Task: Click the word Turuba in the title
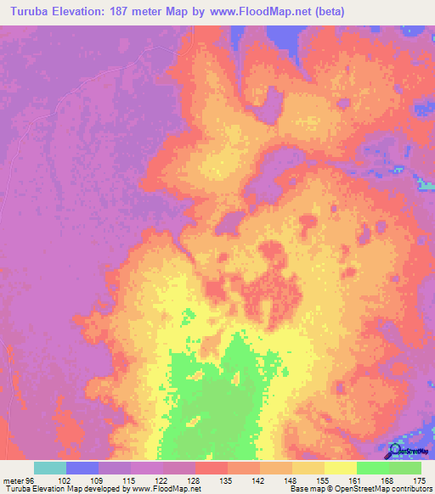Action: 33,12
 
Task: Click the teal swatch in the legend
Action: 50,468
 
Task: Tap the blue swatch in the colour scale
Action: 82,468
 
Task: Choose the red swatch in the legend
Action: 211,468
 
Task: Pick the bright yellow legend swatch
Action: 340,468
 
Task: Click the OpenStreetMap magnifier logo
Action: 396,452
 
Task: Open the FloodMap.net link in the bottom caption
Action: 166,489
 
